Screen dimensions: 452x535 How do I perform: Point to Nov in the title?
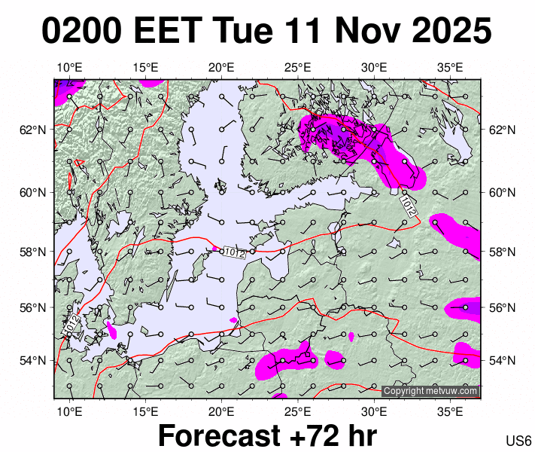pyautogui.click(x=353, y=32)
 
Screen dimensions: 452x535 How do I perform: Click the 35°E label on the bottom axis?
pyautogui.click(x=450, y=411)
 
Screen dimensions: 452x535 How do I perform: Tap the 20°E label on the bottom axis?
pyautogui.click(x=221, y=411)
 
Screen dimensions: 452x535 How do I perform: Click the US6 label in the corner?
pyautogui.click(x=519, y=441)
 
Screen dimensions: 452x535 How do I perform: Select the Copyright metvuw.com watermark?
pyautogui.click(x=430, y=391)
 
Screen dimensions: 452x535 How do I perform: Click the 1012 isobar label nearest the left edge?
pyautogui.click(x=71, y=325)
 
